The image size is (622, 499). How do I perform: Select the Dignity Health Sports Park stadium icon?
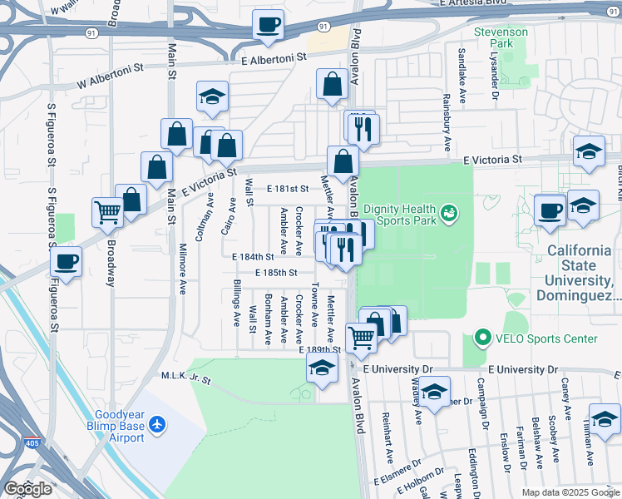tap(449, 213)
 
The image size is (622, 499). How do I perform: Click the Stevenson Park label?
tap(501, 38)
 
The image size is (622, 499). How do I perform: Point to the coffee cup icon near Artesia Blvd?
tap(268, 26)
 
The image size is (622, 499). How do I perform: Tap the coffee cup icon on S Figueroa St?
tap(67, 262)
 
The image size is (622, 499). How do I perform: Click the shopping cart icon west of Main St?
tap(107, 212)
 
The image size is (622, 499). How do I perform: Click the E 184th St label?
tap(254, 257)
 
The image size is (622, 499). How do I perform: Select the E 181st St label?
tap(288, 189)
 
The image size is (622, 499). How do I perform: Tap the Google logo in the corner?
tap(28, 489)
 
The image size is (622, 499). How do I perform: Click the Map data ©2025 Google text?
tap(570, 492)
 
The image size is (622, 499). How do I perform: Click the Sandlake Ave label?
tap(462, 76)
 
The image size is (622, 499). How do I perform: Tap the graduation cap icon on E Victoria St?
tap(589, 151)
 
